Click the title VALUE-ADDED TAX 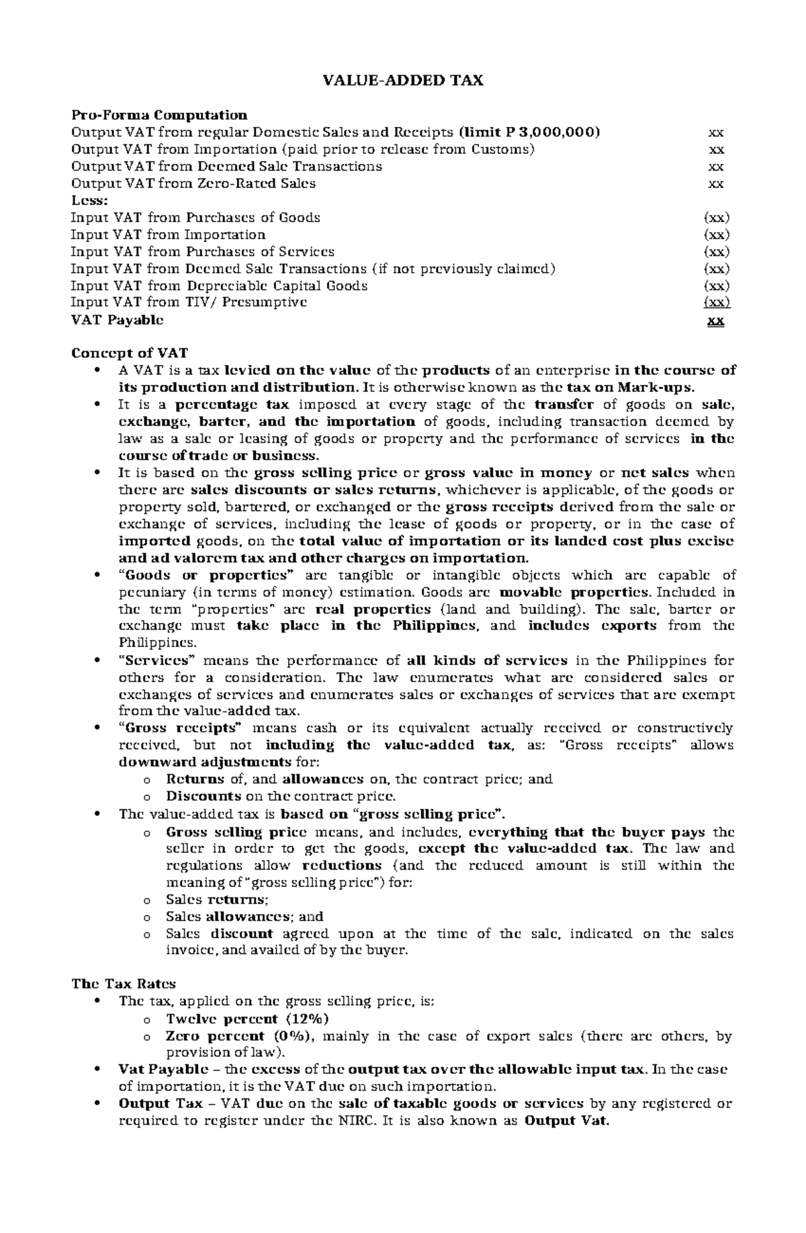click(403, 81)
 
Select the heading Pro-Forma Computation click(159, 115)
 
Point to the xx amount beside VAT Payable click(716, 321)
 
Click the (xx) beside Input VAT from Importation click(716, 235)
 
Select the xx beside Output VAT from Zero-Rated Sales click(716, 183)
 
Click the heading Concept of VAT click(130, 353)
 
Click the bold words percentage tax click(232, 405)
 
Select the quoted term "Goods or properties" click(206, 575)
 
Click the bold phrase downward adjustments click(205, 763)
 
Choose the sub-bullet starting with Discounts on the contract click(281, 797)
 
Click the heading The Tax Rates click(124, 984)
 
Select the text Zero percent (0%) click(239, 1036)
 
